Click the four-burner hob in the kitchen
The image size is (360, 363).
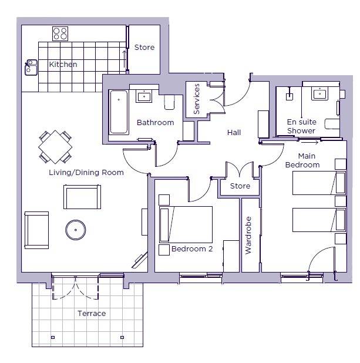pyautogui.click(x=60, y=33)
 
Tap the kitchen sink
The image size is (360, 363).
pyautogui.click(x=31, y=68)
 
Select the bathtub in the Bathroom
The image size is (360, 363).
pyautogui.click(x=119, y=112)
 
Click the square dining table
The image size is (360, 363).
pyautogui.click(x=55, y=147)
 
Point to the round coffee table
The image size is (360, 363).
pyautogui.click(x=76, y=230)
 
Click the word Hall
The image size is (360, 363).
pyautogui.click(x=234, y=133)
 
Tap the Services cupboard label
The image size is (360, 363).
pyautogui.click(x=196, y=99)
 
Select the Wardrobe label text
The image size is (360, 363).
pyautogui.click(x=248, y=235)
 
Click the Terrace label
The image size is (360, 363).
pyautogui.click(x=92, y=314)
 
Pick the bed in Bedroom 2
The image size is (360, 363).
pyautogui.click(x=186, y=224)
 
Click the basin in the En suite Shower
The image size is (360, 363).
pyautogui.click(x=319, y=95)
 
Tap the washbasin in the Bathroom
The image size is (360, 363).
pyautogui.click(x=144, y=96)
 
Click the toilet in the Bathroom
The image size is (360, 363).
pyautogui.click(x=169, y=102)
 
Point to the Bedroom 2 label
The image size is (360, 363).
pyautogui.click(x=192, y=249)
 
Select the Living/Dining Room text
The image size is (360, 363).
pyautogui.click(x=86, y=173)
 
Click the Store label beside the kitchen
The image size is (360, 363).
pyautogui.click(x=144, y=48)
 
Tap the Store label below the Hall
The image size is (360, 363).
pyautogui.click(x=240, y=186)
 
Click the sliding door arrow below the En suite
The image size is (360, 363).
pyautogui.click(x=309, y=143)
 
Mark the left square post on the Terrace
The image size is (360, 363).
pyautogui.click(x=53, y=337)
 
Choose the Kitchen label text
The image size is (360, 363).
pyautogui.click(x=63, y=65)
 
